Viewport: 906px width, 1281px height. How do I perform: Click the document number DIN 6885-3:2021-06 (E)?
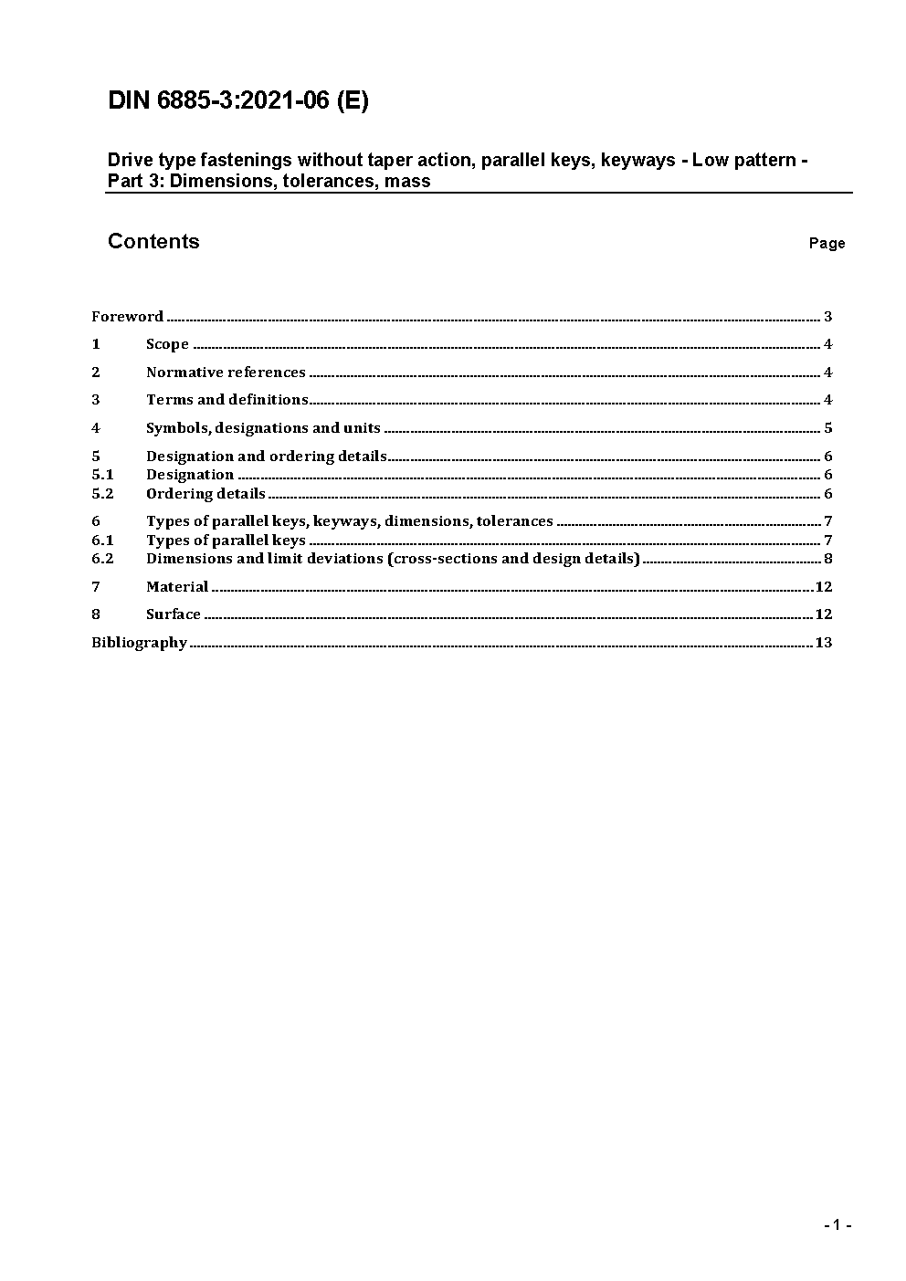(x=237, y=100)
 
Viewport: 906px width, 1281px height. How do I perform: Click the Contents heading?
(x=153, y=241)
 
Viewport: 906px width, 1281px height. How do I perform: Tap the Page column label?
(x=827, y=243)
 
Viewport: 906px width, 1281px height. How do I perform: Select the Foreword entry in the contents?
(x=127, y=317)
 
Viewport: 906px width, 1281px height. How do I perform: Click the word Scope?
(x=167, y=344)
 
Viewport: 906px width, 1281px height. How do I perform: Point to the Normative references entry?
(x=226, y=373)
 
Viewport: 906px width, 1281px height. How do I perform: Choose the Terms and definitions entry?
(x=226, y=400)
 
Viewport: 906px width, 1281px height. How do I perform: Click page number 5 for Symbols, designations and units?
(x=827, y=428)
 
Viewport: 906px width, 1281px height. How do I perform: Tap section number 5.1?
(x=102, y=475)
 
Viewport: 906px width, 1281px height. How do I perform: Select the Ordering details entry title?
(x=205, y=494)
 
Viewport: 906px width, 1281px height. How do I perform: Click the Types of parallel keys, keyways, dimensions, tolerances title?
(x=349, y=521)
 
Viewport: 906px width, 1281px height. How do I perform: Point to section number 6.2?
(x=102, y=559)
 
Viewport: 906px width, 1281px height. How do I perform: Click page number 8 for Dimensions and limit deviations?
(x=827, y=559)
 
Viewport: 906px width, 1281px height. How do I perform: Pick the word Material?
(x=177, y=587)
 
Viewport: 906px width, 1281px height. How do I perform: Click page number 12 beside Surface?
(x=823, y=614)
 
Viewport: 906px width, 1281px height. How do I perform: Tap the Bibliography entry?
(x=139, y=643)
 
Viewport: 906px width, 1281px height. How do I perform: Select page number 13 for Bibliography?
(x=823, y=643)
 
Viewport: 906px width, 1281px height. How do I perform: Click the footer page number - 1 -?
(x=837, y=1225)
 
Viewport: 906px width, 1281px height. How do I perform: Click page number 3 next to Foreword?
(x=827, y=317)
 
